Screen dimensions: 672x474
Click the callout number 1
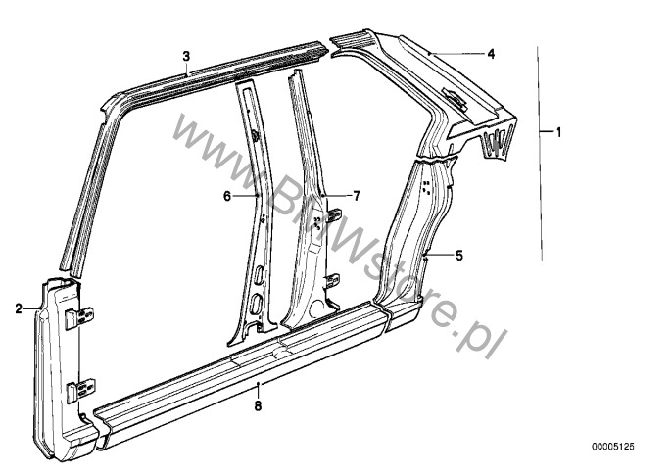click(558, 132)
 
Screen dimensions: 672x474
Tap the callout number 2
click(19, 308)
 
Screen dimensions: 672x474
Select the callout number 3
click(186, 56)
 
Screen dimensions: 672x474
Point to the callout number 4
click(491, 54)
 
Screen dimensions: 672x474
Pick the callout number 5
click(459, 256)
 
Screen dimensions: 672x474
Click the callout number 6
click(227, 196)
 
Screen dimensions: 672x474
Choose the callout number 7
click(357, 196)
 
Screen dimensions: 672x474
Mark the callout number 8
click(258, 405)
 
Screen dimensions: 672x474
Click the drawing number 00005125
click(613, 447)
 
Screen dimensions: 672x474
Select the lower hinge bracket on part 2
click(81, 390)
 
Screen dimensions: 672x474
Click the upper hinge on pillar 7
click(334, 215)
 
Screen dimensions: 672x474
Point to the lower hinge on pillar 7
click(333, 281)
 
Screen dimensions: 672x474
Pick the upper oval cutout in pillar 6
click(260, 275)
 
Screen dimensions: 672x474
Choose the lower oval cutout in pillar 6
click(256, 304)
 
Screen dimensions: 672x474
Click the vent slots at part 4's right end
click(498, 142)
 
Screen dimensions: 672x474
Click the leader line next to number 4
click(456, 54)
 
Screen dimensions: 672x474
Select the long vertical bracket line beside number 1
click(540, 154)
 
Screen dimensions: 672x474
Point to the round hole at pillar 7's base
click(317, 306)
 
